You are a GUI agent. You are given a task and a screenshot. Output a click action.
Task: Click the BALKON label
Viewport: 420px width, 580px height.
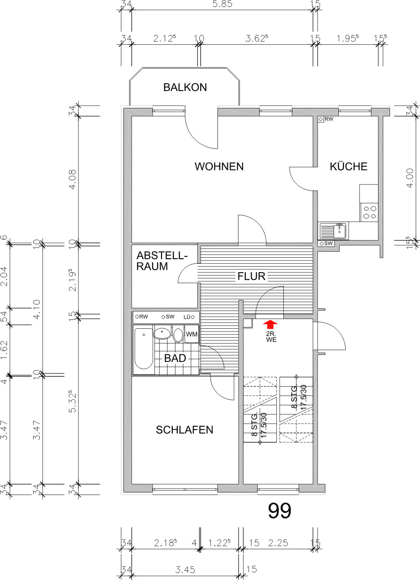(185, 87)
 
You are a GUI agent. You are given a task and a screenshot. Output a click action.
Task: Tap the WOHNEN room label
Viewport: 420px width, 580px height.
(219, 167)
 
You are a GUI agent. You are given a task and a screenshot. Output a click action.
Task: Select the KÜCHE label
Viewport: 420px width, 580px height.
(348, 167)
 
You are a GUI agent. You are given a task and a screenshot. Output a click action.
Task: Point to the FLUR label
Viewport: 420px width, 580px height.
(251, 276)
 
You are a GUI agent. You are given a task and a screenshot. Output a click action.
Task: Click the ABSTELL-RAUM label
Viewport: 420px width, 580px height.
(161, 261)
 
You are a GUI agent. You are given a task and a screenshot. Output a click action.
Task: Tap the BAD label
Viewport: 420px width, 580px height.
(175, 359)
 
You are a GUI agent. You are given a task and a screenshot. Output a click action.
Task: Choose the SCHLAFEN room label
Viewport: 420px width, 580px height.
(184, 430)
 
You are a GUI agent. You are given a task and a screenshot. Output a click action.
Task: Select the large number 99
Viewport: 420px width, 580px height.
(280, 511)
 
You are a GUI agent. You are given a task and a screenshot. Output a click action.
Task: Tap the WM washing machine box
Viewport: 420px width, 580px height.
(192, 334)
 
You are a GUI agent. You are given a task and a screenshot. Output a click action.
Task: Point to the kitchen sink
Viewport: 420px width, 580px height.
(333, 230)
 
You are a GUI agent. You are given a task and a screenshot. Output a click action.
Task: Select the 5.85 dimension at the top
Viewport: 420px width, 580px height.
(222, 5)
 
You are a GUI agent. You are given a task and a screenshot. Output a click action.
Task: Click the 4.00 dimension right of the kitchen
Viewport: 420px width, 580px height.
(410, 178)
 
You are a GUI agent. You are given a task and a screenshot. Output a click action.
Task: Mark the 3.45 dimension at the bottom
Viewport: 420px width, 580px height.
(185, 570)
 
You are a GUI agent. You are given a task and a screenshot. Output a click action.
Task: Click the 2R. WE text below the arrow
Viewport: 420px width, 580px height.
(272, 337)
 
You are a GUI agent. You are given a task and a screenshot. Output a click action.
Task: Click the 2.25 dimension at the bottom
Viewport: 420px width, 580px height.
(278, 543)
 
